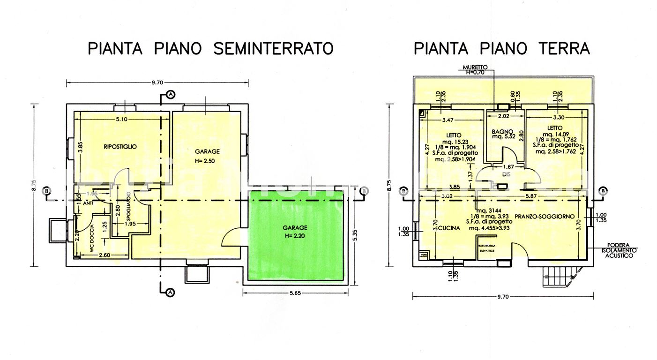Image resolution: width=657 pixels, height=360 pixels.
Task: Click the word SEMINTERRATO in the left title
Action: pos(273,48)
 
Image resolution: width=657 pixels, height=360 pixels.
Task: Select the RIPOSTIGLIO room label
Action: pos(120,147)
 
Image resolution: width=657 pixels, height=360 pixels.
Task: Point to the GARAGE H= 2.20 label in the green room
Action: pos(295,232)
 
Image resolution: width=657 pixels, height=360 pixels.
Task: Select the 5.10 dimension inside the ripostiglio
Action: pos(121,119)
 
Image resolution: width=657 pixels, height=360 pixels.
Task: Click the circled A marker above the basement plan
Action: pos(171,95)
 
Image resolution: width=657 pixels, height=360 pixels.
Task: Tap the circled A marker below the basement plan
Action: pos(171,293)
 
